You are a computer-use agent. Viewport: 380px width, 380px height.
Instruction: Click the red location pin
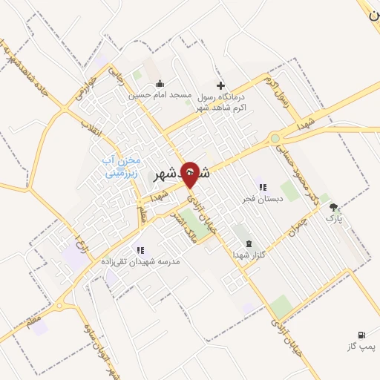(x=190, y=175)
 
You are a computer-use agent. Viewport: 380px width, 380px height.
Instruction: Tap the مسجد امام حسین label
(x=160, y=95)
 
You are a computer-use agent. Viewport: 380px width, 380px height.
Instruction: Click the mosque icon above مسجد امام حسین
(x=161, y=84)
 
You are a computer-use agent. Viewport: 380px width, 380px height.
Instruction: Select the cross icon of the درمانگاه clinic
(x=220, y=85)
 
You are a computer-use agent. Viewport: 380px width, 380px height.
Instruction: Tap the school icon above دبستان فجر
(x=261, y=187)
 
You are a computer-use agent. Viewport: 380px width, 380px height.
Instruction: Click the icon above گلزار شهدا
(x=248, y=243)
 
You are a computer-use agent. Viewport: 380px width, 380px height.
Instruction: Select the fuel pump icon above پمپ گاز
(x=361, y=335)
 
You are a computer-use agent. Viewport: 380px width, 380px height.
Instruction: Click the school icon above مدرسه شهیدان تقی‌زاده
(x=140, y=250)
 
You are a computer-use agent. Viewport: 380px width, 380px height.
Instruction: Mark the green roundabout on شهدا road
(x=275, y=138)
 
